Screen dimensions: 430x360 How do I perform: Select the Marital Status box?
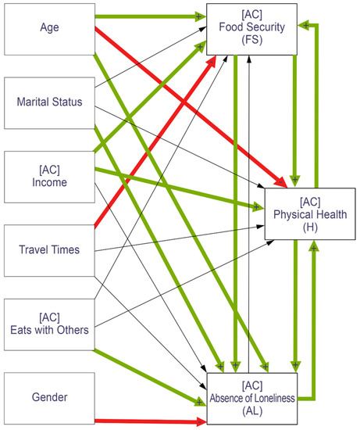[x=48, y=102]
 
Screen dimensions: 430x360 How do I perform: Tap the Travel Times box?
[x=48, y=250]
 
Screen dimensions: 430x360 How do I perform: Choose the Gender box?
[x=48, y=397]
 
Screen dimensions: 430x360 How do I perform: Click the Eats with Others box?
[x=48, y=322]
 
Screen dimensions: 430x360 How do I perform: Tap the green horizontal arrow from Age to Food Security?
[x=148, y=16]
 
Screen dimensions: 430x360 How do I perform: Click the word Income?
[x=48, y=183]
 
